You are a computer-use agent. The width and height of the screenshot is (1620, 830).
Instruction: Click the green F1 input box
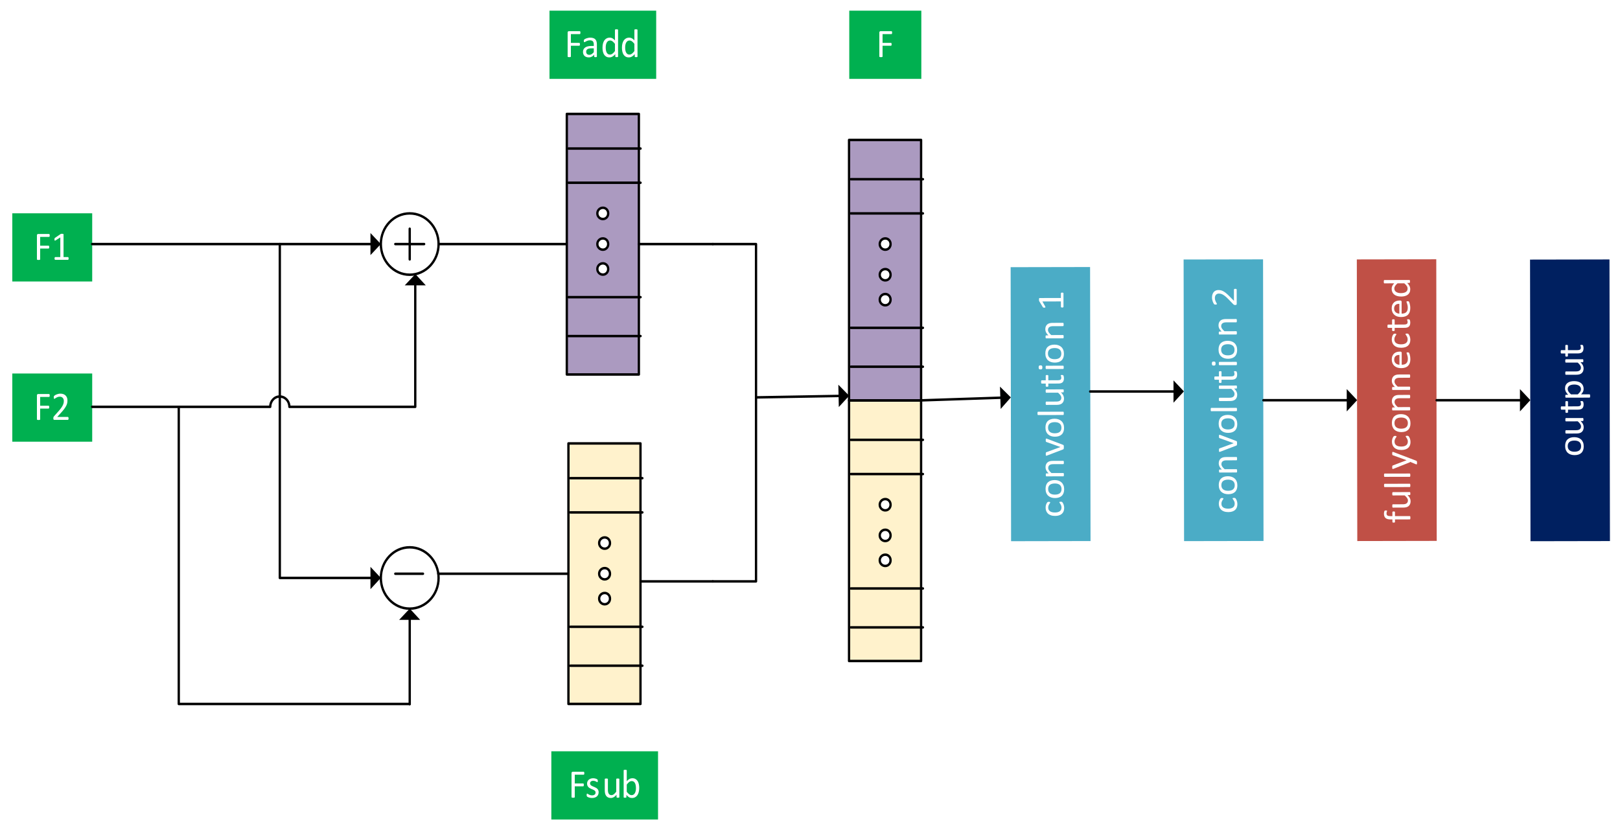[x=52, y=247]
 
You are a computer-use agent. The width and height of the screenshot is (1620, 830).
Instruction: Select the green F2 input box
[x=52, y=407]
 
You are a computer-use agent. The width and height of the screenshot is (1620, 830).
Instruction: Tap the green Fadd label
[x=602, y=45]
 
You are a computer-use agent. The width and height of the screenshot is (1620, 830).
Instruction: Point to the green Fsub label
[x=604, y=785]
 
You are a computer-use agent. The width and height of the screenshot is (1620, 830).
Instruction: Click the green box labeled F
[x=885, y=45]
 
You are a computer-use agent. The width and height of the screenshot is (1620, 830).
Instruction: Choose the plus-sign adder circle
[x=410, y=244]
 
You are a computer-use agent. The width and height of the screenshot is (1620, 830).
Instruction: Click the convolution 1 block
[x=1050, y=404]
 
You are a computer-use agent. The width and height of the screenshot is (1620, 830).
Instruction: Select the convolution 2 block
[x=1223, y=400]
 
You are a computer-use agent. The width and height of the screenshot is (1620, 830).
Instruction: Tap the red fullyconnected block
[x=1396, y=400]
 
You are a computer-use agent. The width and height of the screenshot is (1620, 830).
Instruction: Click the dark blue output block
[x=1569, y=400]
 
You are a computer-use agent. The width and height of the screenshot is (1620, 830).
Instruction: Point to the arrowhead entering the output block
[x=1525, y=400]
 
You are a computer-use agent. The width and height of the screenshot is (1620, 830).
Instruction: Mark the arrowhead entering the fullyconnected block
[x=1352, y=400]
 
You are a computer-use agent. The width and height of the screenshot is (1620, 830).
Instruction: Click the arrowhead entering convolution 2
[x=1179, y=391]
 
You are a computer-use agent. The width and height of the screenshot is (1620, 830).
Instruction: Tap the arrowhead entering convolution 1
[x=1006, y=398]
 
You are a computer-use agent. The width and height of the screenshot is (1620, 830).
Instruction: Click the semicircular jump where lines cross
[x=279, y=402]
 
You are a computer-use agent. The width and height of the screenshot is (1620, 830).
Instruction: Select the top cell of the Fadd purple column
[x=603, y=132]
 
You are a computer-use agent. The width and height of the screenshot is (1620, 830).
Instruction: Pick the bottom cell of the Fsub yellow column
[x=604, y=685]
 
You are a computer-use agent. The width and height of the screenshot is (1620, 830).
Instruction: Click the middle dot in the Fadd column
[x=603, y=244]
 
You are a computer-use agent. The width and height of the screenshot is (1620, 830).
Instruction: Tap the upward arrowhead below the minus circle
[x=410, y=614]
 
